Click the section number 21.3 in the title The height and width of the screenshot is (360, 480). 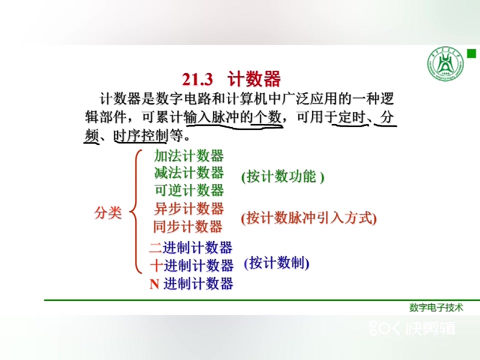pyautogui.click(x=197, y=79)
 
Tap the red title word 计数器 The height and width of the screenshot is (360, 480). pyautogui.click(x=254, y=78)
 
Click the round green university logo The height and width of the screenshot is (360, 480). pyautogui.click(x=445, y=64)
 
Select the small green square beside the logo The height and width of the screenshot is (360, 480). pyautogui.click(x=471, y=53)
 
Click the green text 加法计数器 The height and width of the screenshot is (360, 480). pyautogui.click(x=189, y=155)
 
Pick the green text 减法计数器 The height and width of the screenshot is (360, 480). pyautogui.click(x=189, y=172)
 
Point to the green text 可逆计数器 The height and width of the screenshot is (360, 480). pyautogui.click(x=189, y=190)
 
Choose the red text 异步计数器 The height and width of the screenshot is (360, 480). pyautogui.click(x=189, y=209)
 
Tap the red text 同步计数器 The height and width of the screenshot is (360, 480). pyautogui.click(x=187, y=227)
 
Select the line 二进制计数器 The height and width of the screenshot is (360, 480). pyautogui.click(x=190, y=247)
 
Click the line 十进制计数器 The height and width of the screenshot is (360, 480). pyautogui.click(x=192, y=265)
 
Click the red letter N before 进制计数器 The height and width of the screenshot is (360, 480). pyautogui.click(x=154, y=284)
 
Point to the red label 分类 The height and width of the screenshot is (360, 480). pyautogui.click(x=108, y=212)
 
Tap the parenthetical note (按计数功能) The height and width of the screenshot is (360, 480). pyautogui.click(x=282, y=176)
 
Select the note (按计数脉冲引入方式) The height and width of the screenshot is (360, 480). pyautogui.click(x=308, y=218)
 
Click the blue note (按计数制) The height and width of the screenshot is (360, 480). pyautogui.click(x=276, y=263)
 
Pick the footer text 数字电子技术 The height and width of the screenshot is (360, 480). pyautogui.click(x=436, y=307)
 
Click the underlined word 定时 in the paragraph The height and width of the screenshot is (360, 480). pyautogui.click(x=352, y=117)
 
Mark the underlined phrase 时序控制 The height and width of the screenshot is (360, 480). pyautogui.click(x=141, y=135)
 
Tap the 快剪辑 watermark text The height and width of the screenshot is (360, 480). pyautogui.click(x=430, y=328)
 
